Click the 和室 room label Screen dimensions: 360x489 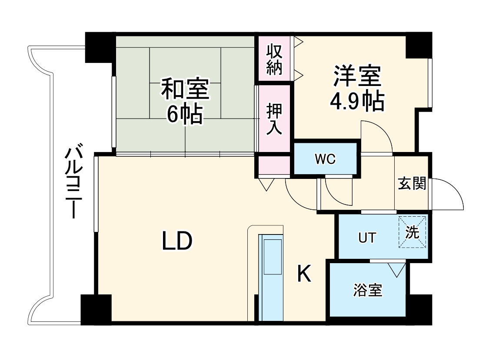[185, 89]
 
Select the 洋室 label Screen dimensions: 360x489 [357, 76]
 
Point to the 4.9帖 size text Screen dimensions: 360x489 [357, 101]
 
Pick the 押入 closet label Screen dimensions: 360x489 [275, 119]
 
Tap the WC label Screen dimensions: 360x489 [325, 159]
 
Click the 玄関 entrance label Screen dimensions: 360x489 [412, 184]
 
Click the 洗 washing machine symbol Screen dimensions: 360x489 [412, 232]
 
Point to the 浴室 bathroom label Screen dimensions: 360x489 [368, 290]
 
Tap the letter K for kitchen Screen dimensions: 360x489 [304, 274]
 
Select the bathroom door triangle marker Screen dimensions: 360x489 [396, 270]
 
